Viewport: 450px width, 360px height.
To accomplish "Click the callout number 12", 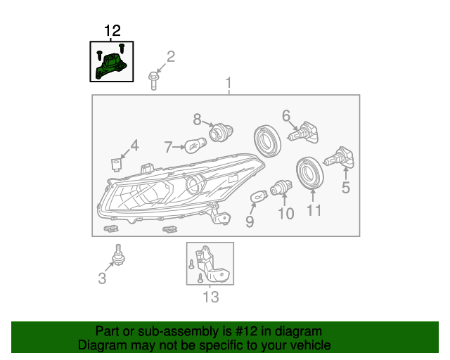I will (x=112, y=31).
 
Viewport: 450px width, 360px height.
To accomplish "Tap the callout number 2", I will (x=169, y=56).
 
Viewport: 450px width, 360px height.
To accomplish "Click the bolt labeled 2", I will (x=153, y=80).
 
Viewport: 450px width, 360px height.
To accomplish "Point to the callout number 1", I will (x=228, y=84).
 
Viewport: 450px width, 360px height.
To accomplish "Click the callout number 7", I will (x=169, y=147).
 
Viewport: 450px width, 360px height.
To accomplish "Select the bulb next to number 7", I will (x=193, y=145).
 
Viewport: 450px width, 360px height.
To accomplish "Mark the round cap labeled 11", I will (x=309, y=174).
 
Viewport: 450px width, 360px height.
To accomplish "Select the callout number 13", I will (x=211, y=297).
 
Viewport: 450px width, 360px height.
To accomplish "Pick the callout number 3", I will (x=103, y=278).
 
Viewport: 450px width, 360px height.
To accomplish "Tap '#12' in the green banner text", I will (x=221, y=331).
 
